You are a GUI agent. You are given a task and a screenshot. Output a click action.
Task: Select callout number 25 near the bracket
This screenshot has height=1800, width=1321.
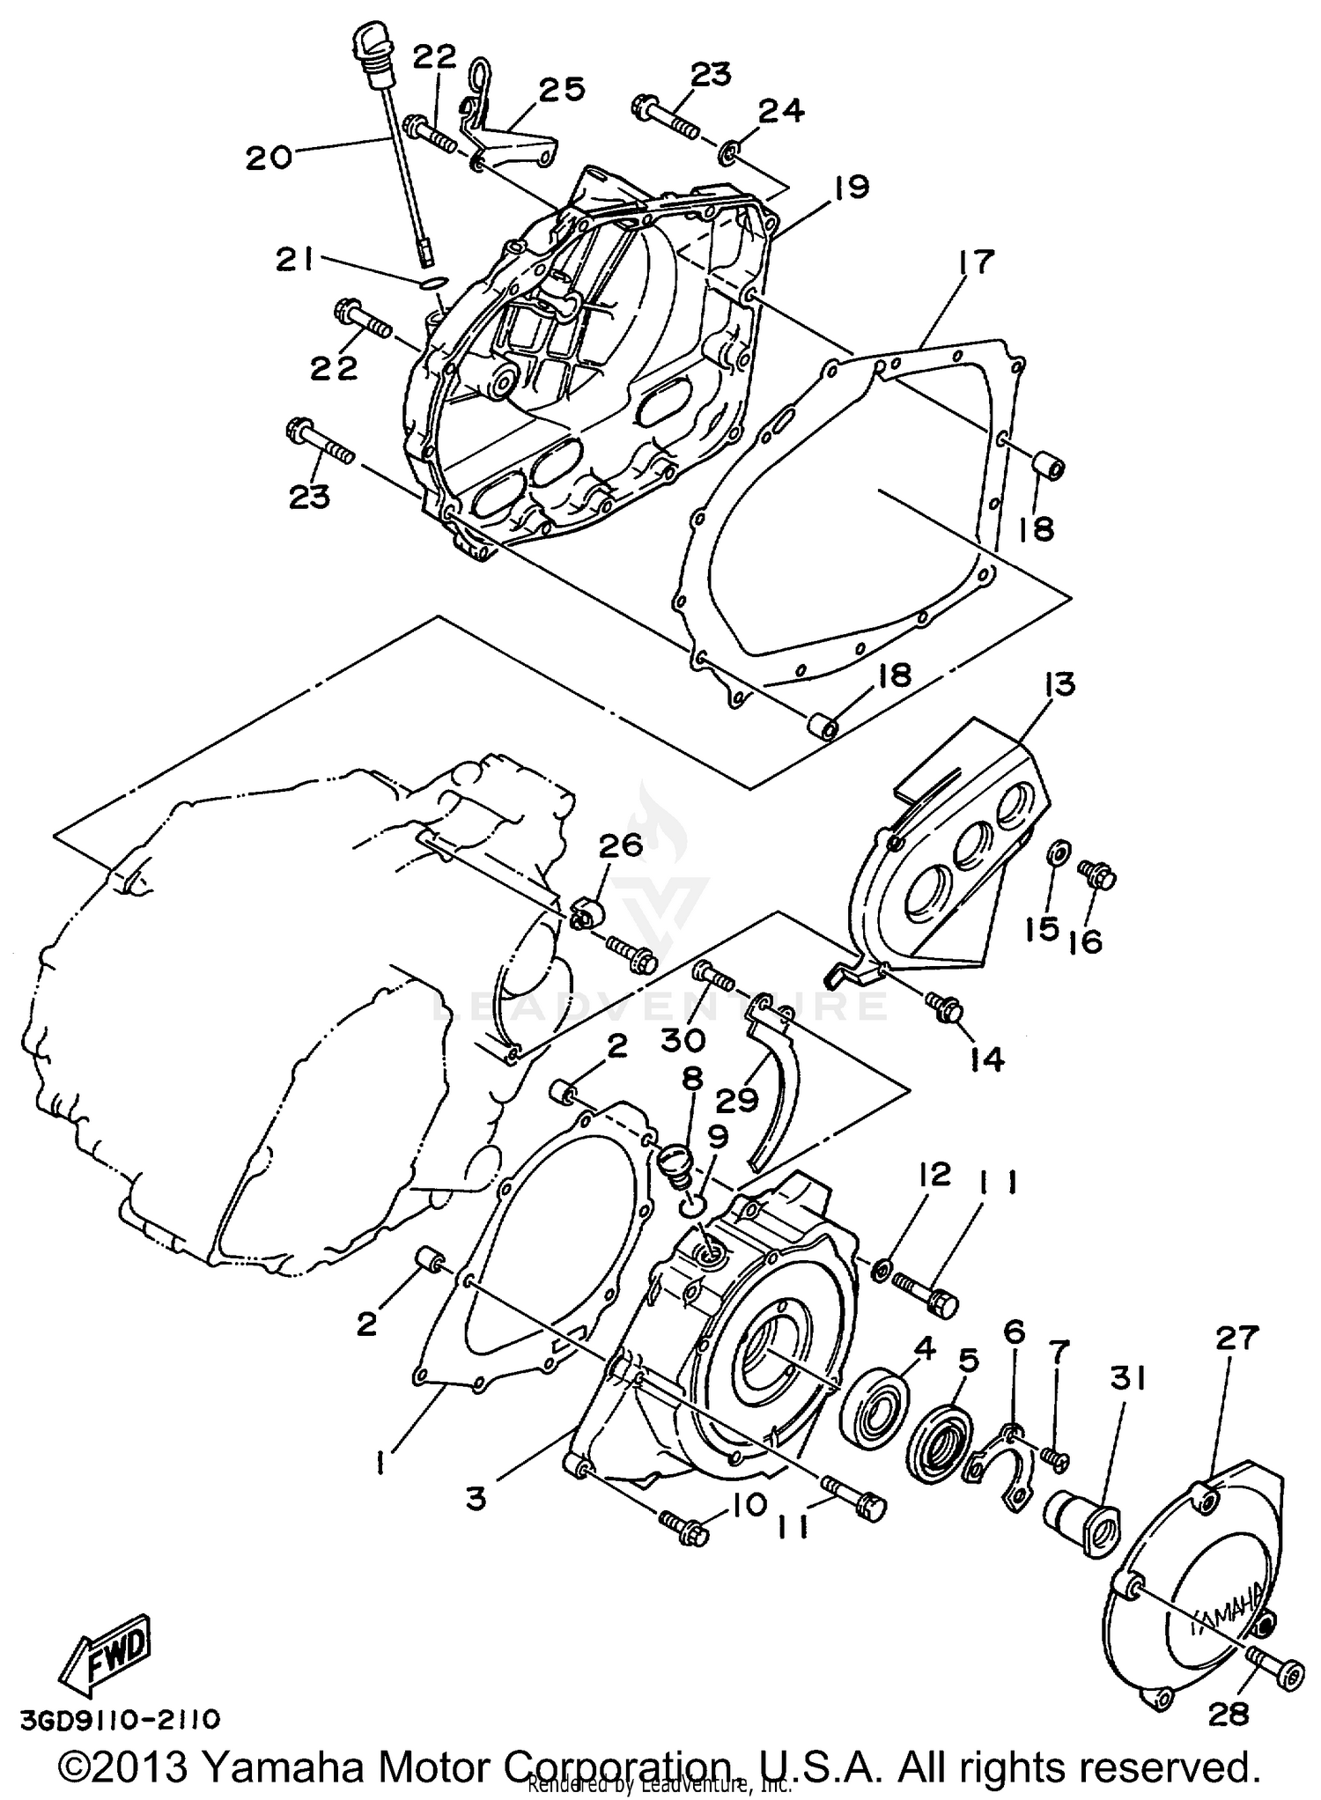click(x=561, y=90)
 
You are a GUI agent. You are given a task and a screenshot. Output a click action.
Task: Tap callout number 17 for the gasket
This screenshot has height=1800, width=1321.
click(x=971, y=262)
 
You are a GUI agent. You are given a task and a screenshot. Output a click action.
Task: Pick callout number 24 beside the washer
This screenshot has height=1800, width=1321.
click(x=780, y=111)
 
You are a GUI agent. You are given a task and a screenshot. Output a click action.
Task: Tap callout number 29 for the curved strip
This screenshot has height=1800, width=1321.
click(x=738, y=1101)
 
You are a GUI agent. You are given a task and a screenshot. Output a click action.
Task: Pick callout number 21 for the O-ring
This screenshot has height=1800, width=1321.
click(x=296, y=262)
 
